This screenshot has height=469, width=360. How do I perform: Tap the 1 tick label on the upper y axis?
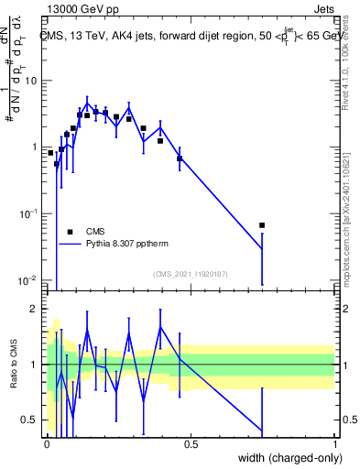[35, 147]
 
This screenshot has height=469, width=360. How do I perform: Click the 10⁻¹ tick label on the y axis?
[29, 213]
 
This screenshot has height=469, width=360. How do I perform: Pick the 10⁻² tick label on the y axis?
[29, 279]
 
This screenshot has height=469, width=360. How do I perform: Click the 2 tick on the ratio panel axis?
[35, 309]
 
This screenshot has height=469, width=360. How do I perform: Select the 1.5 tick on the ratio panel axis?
[31, 336]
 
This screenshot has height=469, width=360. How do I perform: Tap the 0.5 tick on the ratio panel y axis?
[31, 420]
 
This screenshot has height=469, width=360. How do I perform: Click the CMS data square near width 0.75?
[262, 225]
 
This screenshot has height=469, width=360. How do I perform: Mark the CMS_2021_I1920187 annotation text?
[190, 274]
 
